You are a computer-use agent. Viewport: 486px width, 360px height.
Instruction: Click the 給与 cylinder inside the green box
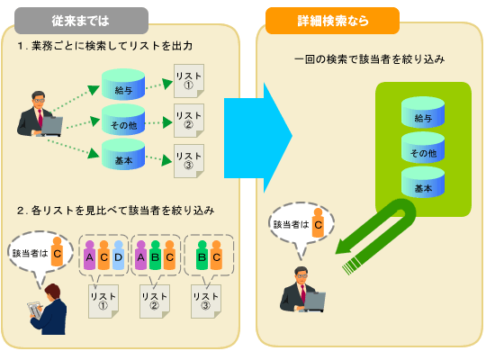pos(424,115)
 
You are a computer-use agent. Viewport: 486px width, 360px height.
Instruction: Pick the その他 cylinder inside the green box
pos(424,150)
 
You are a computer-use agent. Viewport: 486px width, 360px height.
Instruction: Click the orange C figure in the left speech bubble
pos(57,253)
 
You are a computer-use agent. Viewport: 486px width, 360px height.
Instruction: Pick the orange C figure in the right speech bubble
pos(318,223)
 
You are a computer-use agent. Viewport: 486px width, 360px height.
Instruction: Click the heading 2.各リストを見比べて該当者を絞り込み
pos(115,210)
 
